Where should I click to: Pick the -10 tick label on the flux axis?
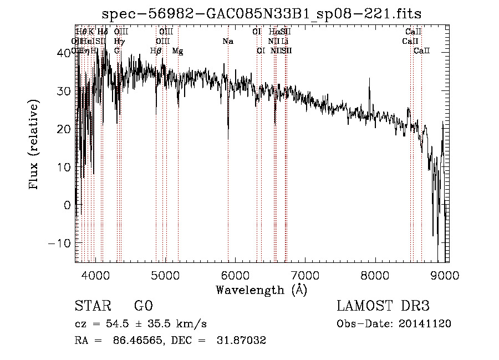click(x=59, y=243)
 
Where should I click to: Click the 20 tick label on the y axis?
click(x=64, y=129)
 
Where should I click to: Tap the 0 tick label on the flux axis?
click(x=68, y=205)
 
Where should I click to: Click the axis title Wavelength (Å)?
click(x=261, y=290)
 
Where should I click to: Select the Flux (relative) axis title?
click(x=34, y=145)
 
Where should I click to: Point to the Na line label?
click(x=228, y=41)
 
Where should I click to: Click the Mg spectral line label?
click(x=177, y=50)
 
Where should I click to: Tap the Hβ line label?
click(x=156, y=50)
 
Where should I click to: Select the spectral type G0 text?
click(x=143, y=307)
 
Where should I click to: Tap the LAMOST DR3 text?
click(x=383, y=307)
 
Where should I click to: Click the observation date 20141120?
click(x=426, y=324)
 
